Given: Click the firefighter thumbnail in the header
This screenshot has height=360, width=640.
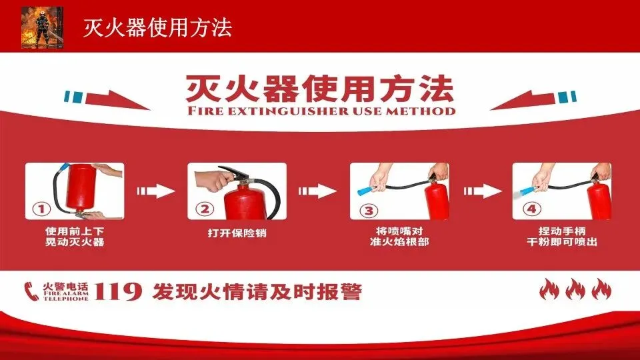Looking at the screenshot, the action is coord(43,27).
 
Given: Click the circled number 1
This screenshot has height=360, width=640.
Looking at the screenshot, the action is coord(41,209).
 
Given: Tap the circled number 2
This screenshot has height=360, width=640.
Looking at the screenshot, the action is coord(205,209).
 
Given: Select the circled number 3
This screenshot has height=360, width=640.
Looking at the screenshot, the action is coord(369,211).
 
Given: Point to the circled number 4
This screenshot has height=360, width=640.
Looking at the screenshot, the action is coord(532,209).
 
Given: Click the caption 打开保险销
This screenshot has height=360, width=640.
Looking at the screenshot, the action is coord(237,233).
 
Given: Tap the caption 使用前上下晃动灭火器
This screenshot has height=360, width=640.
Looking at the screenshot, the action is coord(75,237).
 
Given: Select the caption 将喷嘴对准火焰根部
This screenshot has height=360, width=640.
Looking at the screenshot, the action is coord(399,237).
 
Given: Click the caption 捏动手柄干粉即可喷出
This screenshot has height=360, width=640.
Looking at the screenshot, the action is coord(562,237).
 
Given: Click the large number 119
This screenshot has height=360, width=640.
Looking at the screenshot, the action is coord(118,291).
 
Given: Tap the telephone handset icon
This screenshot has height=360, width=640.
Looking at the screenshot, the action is coord(31,291).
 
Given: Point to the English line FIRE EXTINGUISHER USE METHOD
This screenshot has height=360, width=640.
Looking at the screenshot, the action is coord(321,111).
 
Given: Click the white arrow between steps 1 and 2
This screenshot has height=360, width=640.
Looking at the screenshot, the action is coord(156,191).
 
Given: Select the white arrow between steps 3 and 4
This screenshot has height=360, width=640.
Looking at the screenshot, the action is coord(483,191).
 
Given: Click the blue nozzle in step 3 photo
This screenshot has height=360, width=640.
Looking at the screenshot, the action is coord(366,189).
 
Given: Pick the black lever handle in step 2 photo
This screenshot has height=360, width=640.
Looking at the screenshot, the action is coord(234,172).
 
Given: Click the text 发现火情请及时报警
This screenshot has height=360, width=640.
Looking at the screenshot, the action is coord(257,292).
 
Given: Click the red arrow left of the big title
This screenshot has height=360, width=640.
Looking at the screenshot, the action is coord(117,100).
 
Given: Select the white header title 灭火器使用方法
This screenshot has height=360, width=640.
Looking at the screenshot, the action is coord(157,28).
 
